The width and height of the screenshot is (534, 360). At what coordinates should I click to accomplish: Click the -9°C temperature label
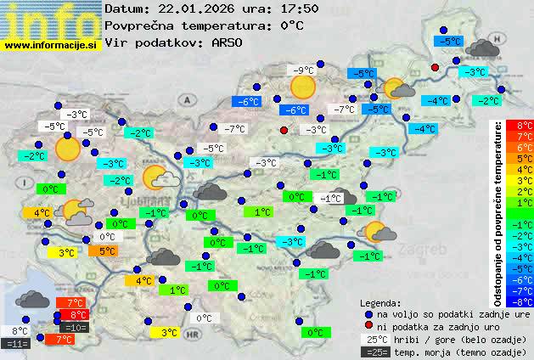click(299, 70)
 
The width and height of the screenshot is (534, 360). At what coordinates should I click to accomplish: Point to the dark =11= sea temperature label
click(17, 343)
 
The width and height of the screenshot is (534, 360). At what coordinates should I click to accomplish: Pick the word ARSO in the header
click(231, 42)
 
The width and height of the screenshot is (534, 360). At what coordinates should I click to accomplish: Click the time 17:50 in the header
click(299, 8)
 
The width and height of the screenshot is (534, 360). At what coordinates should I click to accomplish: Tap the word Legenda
click(380, 302)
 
